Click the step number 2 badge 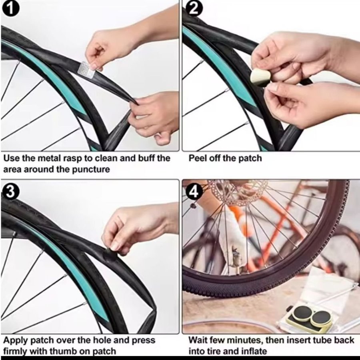tap(194, 9)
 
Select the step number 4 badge tap(194, 191)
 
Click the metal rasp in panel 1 tap(86, 69)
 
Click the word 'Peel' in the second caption tap(196, 158)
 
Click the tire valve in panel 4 tap(236, 259)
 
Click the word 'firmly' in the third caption tap(15, 351)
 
